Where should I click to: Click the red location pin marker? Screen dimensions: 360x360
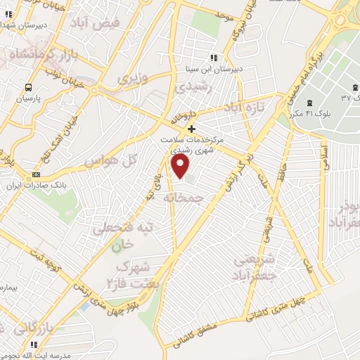[x=181, y=166]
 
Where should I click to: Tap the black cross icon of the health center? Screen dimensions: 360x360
[x=191, y=129]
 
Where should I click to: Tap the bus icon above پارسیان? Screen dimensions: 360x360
[x=28, y=88]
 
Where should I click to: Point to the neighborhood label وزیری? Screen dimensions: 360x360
[x=134, y=78]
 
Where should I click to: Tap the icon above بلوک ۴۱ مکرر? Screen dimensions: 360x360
[x=310, y=104]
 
